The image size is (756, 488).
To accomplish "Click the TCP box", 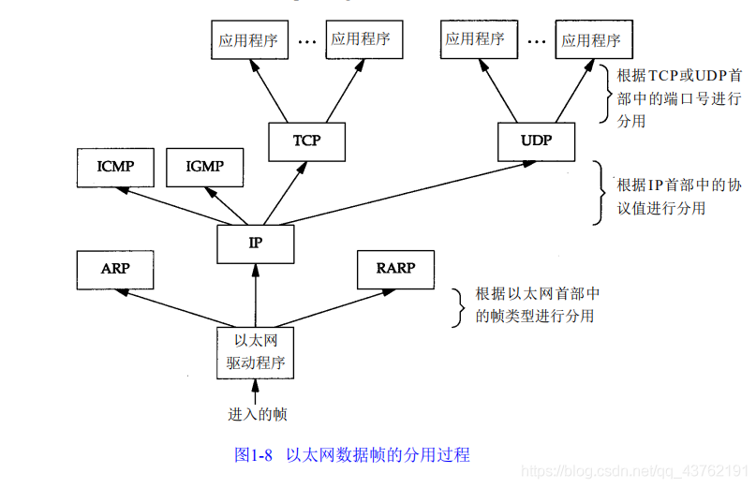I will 306,141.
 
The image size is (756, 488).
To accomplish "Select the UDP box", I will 536,141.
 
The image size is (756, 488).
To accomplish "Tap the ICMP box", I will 114,168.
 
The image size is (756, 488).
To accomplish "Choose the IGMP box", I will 204,168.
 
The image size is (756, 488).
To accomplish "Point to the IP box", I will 255,243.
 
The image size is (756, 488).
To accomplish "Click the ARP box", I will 114,269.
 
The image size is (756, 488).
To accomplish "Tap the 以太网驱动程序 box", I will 255,352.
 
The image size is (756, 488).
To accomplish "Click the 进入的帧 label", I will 255,414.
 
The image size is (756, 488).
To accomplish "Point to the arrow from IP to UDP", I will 403,194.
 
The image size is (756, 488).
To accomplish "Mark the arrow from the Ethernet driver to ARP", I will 178,305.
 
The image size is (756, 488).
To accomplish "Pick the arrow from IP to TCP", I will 281,192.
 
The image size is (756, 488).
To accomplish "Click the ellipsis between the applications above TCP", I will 307,41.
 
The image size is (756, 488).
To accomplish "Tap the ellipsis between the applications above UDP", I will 536,41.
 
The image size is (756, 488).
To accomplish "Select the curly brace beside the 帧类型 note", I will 459,307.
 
